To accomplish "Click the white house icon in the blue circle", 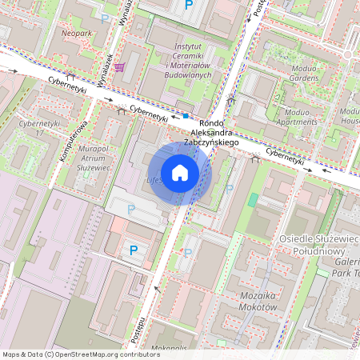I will point(180,173).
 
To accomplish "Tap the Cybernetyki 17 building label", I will point(40,128).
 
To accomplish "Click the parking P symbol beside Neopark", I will point(105,18).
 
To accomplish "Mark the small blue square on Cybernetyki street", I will point(186,115).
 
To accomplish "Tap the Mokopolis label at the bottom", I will point(166,349).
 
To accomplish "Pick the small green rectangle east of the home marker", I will point(254,198).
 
